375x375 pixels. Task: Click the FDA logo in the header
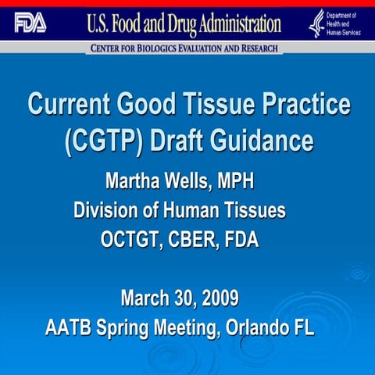point(30,23)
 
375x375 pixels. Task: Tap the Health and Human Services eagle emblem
point(316,23)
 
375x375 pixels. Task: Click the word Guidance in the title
point(258,142)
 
